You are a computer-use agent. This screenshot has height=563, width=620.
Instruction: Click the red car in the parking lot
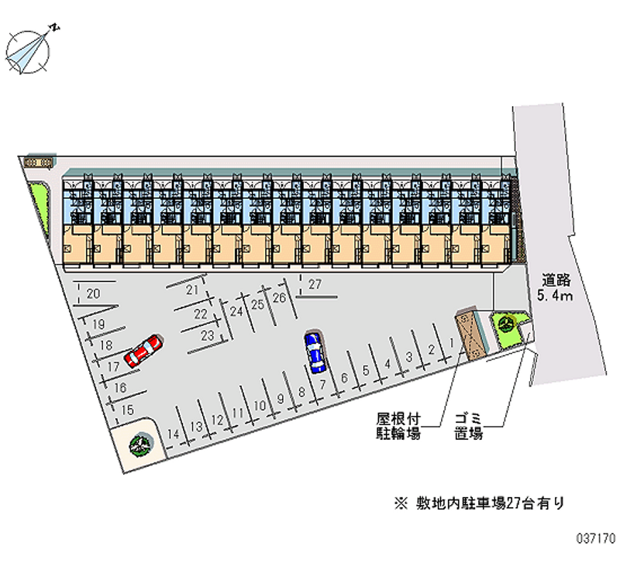pyautogui.click(x=143, y=351)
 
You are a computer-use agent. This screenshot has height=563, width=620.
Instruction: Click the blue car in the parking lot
pyautogui.click(x=315, y=352)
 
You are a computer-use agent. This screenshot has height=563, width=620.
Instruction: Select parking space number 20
pyautogui.click(x=93, y=294)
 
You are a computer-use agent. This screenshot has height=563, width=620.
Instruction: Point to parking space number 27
pyautogui.click(x=315, y=284)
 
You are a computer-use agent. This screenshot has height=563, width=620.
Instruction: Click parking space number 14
pyautogui.click(x=173, y=434)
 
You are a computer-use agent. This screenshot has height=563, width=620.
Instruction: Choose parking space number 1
pyautogui.click(x=452, y=342)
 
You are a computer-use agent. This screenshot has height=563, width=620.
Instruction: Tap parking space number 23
pyautogui.click(x=207, y=335)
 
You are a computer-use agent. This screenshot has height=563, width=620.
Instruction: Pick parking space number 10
pyautogui.click(x=260, y=405)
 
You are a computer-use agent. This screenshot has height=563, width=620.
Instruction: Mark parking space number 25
pyautogui.click(x=257, y=304)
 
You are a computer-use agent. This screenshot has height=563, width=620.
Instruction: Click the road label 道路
pyautogui.click(x=556, y=280)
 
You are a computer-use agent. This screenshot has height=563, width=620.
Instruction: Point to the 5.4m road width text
pyautogui.click(x=555, y=295)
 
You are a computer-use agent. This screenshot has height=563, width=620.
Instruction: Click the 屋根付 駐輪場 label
pyautogui.click(x=398, y=426)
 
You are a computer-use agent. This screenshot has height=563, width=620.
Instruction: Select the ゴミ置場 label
pyautogui.click(x=469, y=426)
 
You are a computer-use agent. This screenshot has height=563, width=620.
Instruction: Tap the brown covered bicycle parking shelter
pyautogui.click(x=470, y=335)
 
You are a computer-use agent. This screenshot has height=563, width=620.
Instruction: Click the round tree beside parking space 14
pyautogui.click(x=140, y=445)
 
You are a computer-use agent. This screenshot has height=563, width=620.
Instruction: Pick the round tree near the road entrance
pyautogui.click(x=505, y=324)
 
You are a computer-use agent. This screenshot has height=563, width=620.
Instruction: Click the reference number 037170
pyautogui.click(x=595, y=538)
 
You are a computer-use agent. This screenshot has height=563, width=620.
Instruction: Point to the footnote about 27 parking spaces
pyautogui.click(x=479, y=503)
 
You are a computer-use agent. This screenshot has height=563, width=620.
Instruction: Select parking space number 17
pyautogui.click(x=113, y=366)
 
